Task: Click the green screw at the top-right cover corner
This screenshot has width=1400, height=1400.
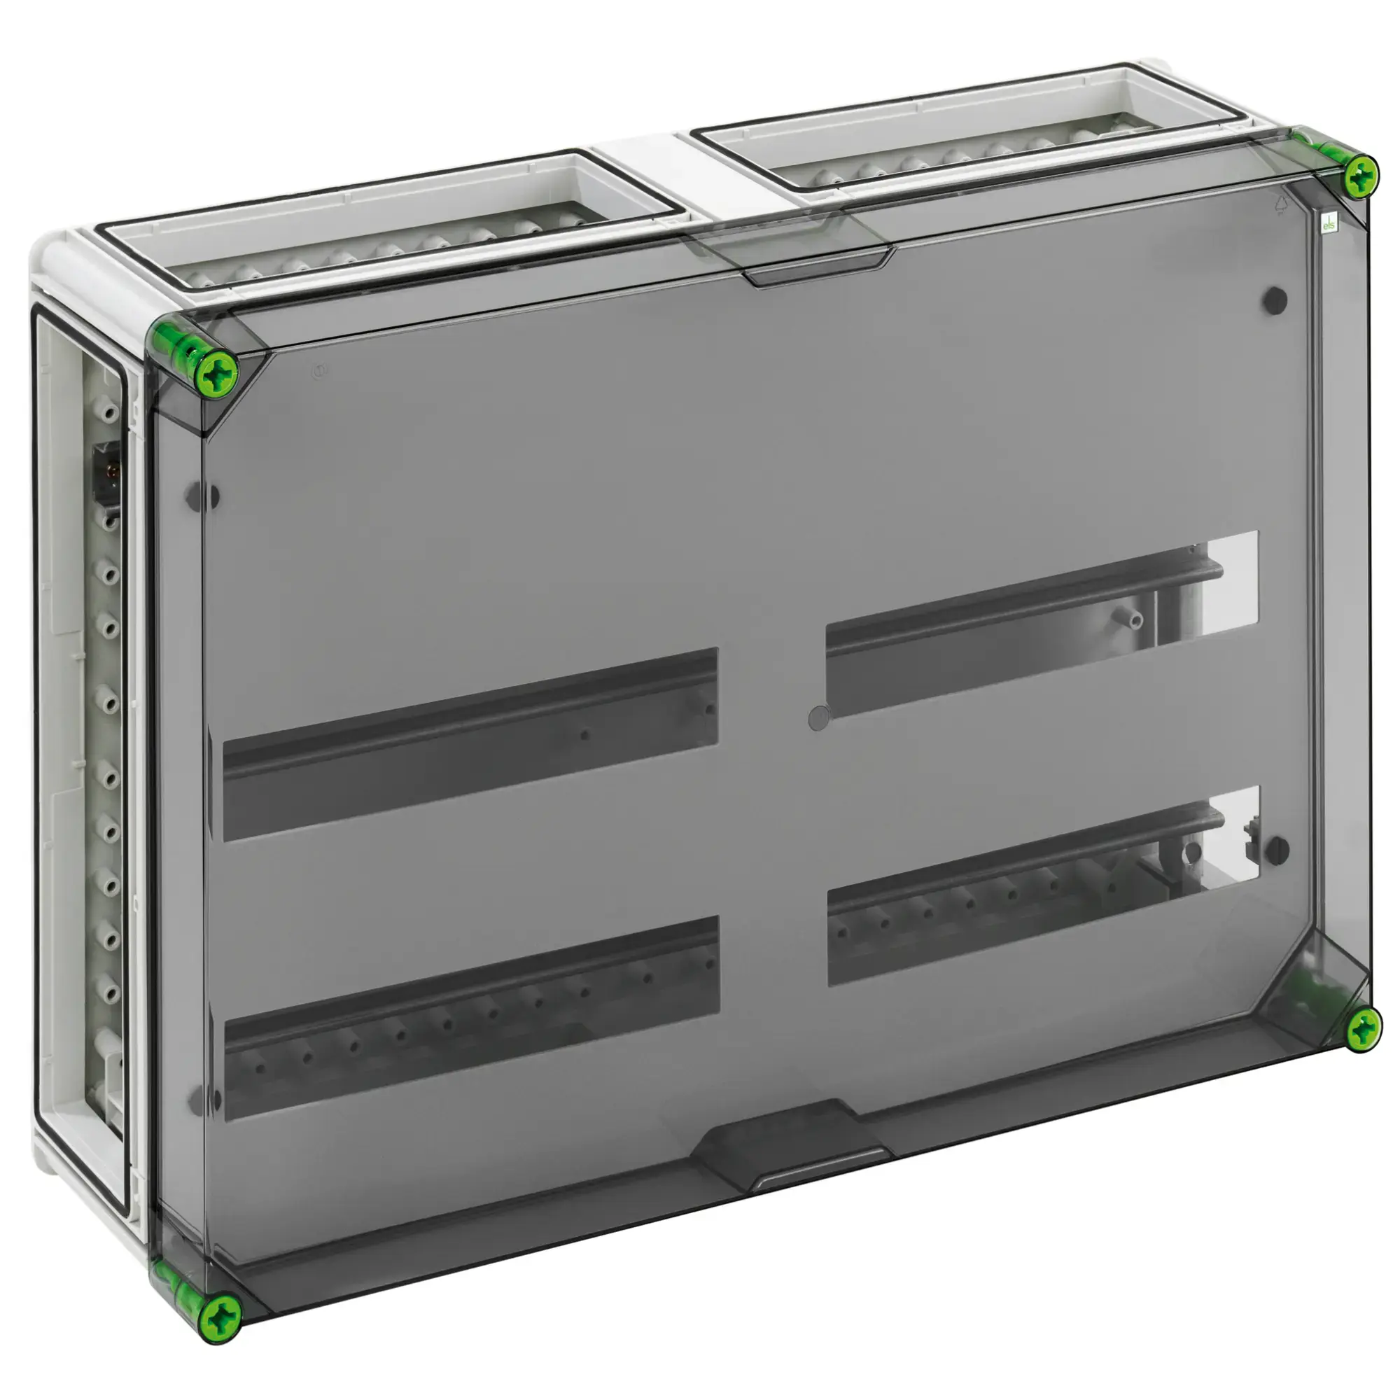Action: tap(1361, 174)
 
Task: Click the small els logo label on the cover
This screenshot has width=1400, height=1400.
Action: tap(1329, 223)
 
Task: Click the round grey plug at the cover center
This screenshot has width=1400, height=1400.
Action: tap(818, 718)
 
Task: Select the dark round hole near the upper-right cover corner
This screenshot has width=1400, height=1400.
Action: tap(1275, 300)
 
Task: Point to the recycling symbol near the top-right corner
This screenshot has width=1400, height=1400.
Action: tap(1280, 206)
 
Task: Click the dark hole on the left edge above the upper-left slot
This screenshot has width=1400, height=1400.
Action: tap(205, 497)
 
